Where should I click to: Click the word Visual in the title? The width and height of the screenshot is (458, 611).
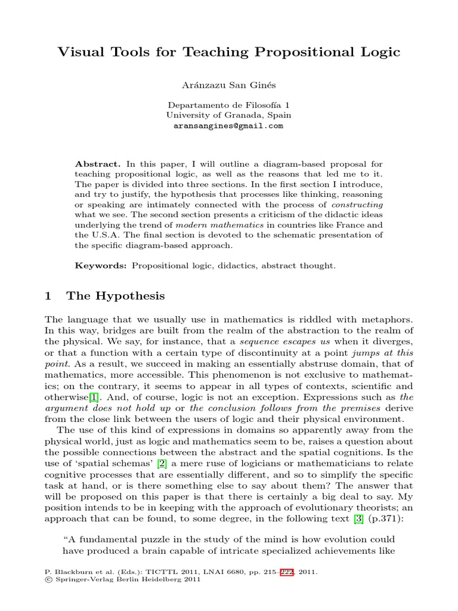(79, 53)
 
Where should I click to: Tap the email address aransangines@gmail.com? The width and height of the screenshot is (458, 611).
(228, 126)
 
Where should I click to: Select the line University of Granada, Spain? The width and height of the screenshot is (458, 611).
(228, 116)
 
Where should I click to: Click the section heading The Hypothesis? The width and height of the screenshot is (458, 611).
(116, 296)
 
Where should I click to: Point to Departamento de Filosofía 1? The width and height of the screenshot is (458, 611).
(228, 105)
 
